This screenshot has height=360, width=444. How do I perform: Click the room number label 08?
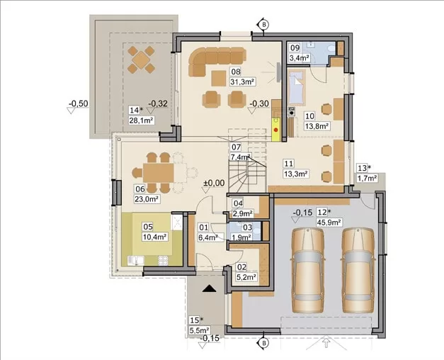coord(236,72)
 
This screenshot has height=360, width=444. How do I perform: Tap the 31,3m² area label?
coord(243,81)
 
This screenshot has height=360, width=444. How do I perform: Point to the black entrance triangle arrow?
coord(210,288)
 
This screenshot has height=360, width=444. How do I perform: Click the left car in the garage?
coord(307,270)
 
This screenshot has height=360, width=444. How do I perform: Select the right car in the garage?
coord(358,270)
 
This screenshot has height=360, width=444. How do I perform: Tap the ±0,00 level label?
coord(214,183)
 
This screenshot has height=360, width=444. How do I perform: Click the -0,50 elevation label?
coord(79,103)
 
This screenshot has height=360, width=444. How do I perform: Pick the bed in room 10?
coord(297,87)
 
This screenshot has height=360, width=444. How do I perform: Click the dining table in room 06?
coord(159,173)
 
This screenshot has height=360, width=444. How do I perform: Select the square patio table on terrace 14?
coord(141,60)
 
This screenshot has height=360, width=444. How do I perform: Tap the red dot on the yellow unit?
coord(276,130)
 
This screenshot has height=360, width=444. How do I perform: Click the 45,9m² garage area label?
coord(329,222)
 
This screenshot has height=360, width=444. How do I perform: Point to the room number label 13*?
coord(364,168)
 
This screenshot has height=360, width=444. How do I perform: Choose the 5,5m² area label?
coord(200,330)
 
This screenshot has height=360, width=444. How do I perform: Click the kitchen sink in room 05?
coord(136,261)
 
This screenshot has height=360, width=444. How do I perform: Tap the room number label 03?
coord(247,227)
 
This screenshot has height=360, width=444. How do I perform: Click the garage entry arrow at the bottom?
coord(326,343)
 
